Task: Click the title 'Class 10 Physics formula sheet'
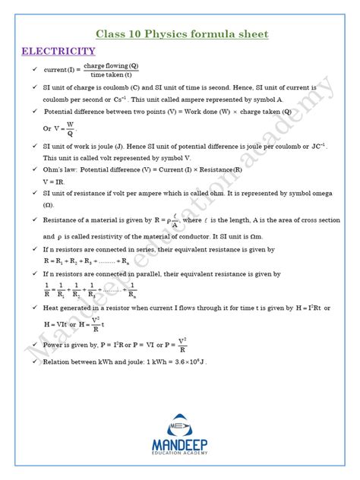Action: coord(182,34)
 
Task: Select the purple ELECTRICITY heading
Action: coord(58,52)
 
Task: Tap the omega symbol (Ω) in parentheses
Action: coord(49,205)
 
